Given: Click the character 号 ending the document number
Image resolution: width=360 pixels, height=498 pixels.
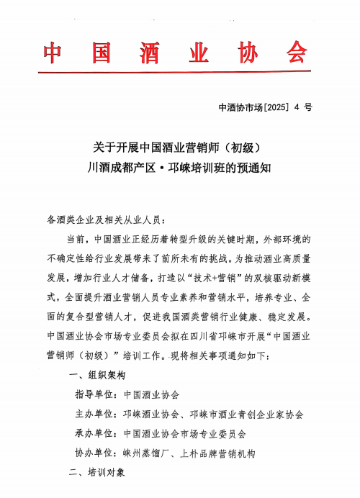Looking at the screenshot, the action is point(307,108).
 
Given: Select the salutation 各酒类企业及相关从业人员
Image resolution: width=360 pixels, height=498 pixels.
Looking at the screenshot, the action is point(103,219).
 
